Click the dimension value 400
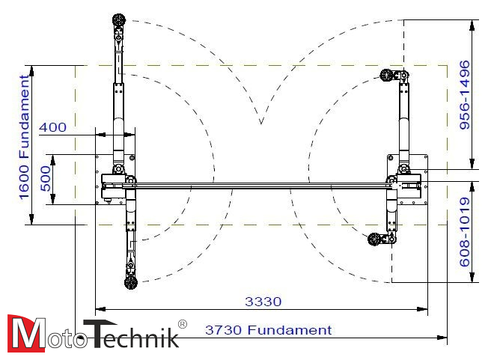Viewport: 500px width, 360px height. pos(53,127)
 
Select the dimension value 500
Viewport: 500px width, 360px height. pos(46,179)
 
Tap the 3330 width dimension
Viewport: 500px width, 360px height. pos(263,302)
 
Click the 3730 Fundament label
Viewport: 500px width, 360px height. pos(269,330)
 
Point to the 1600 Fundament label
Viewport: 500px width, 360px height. pos(24,138)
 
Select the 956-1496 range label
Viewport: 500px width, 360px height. pos(465,95)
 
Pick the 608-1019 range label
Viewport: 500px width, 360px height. pos(465,232)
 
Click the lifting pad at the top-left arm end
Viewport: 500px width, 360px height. pos(119,20)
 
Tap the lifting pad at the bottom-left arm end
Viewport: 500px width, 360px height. pos(130,282)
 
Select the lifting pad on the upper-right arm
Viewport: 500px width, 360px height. pos(386,76)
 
